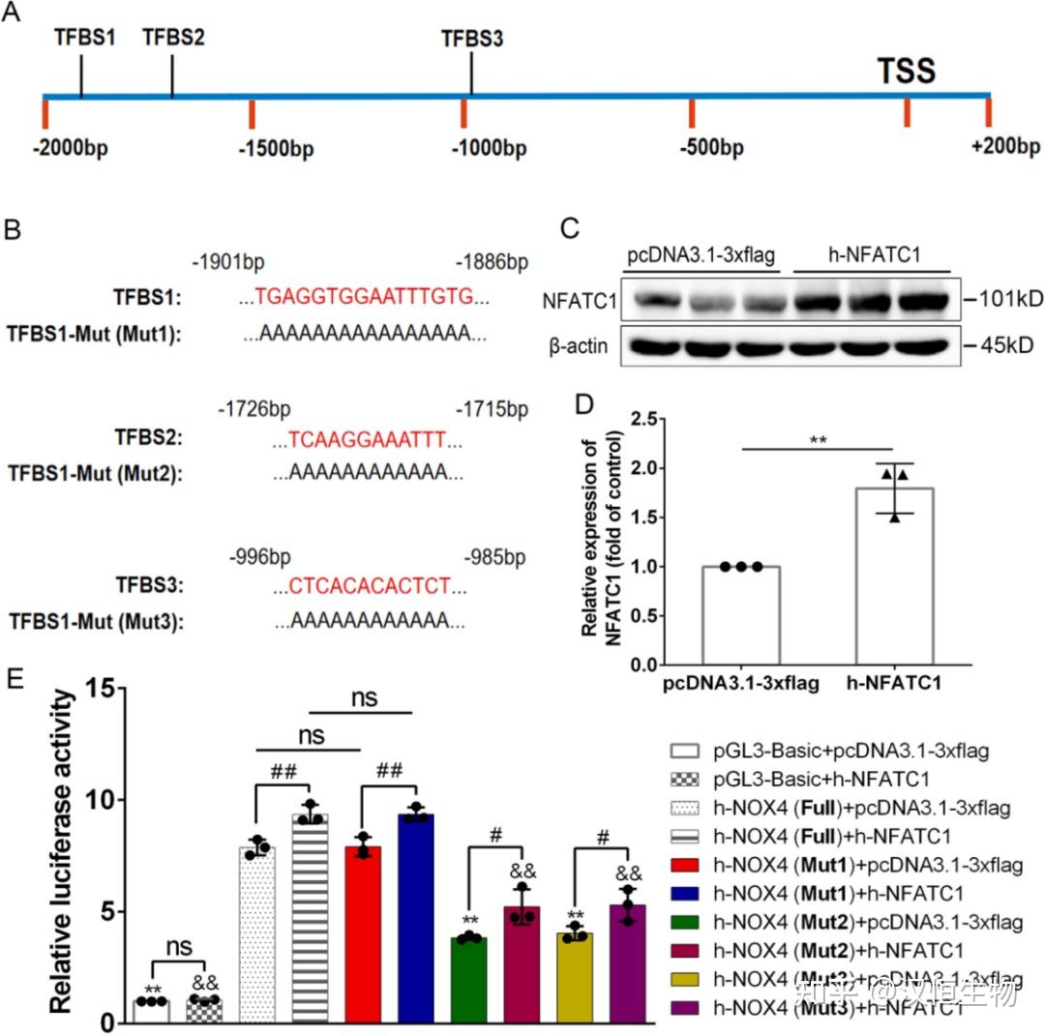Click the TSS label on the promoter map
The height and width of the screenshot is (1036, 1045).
pyautogui.click(x=906, y=71)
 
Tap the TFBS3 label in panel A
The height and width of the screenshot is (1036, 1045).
pyautogui.click(x=472, y=40)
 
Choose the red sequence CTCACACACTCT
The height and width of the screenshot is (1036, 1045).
pyautogui.click(x=370, y=585)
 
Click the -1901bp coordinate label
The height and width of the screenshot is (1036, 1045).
pyautogui.click(x=228, y=262)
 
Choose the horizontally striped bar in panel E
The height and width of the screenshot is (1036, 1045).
pyautogui.click(x=311, y=919)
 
